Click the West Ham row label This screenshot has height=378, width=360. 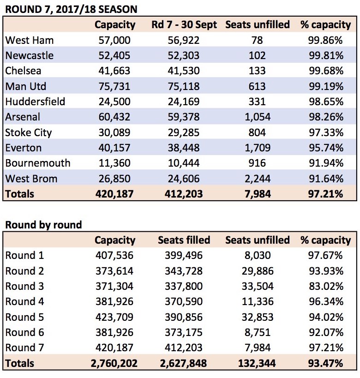coord(30,40)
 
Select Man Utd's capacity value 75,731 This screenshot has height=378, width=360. coord(114,86)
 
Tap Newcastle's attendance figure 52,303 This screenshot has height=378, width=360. coord(184,55)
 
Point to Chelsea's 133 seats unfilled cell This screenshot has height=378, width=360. coord(257,71)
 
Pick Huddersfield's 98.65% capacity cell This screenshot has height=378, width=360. coord(326,102)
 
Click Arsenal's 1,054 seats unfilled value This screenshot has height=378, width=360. coord(258,117)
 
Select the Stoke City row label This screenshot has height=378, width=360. coord(29,132)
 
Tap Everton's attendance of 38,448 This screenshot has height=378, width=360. coord(184,148)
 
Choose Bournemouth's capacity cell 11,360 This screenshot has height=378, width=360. coord(114,163)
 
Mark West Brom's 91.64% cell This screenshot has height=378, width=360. coord(326,179)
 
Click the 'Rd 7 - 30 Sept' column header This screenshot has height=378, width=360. coord(184,24)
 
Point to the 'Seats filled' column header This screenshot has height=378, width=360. coord(184,240)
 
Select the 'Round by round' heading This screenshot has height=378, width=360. coord(44,225)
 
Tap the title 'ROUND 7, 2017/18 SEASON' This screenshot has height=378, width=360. coord(72,10)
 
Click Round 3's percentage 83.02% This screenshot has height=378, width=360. coord(326,287)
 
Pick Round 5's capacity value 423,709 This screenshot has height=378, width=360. coord(114,317)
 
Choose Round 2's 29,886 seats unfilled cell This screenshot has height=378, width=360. coord(258,271)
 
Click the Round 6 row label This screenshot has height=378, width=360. coord(24,333)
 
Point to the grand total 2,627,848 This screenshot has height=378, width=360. coord(183,363)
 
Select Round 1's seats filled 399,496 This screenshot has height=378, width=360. coord(184,256)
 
